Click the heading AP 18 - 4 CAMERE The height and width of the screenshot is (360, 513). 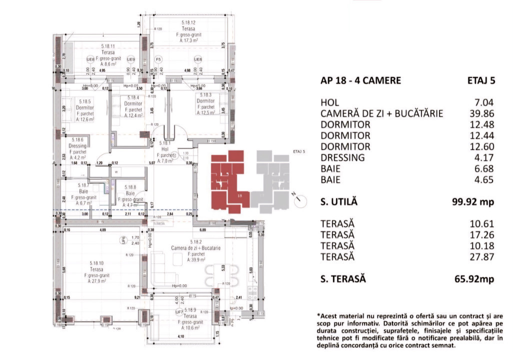pyautogui.click(x=360, y=80)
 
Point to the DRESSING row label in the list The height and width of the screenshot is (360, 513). pyautogui.click(x=342, y=157)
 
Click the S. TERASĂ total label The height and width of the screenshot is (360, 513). pyautogui.click(x=342, y=278)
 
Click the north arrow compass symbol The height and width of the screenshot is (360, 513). pyautogui.click(x=301, y=200)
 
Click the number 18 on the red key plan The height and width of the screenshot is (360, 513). pyautogui.click(x=240, y=195)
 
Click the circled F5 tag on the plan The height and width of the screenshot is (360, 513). pyautogui.click(x=158, y=59)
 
